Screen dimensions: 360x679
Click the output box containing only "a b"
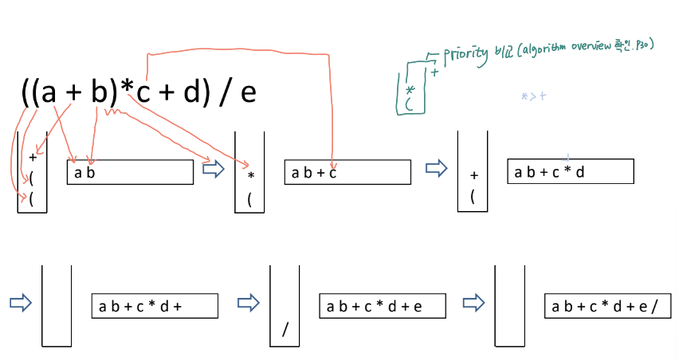[130, 172]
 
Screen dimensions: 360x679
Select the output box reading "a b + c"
[347, 172]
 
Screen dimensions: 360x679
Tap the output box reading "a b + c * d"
[570, 171]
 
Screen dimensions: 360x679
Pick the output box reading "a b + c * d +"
[155, 306]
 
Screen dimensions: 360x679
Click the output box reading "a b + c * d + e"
[382, 306]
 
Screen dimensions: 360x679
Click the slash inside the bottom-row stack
[285, 330]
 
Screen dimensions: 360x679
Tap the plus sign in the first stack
[33, 157]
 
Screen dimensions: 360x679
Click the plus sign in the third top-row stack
[473, 175]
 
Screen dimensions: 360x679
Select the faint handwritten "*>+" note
[532, 96]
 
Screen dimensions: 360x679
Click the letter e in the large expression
[248, 93]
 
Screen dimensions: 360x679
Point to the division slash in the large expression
[223, 93]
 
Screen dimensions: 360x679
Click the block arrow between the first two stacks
[214, 170]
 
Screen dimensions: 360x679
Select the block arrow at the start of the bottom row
[19, 303]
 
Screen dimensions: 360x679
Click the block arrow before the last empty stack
[474, 303]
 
